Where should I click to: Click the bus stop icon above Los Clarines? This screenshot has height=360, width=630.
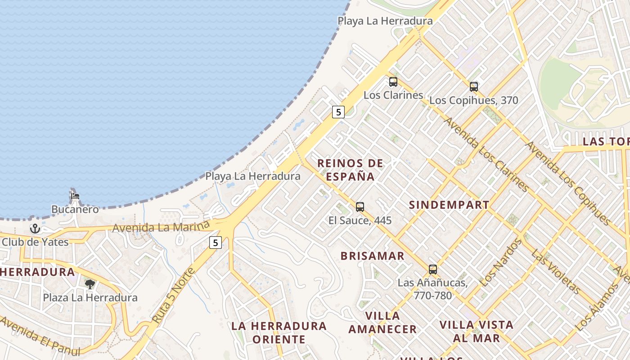[x=393, y=82]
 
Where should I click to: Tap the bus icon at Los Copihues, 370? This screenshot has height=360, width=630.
[x=473, y=87]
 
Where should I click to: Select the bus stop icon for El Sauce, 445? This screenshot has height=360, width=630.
[x=360, y=207]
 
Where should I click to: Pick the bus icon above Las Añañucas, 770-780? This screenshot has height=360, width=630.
[x=433, y=270]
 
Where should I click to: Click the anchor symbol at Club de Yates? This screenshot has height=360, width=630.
[x=35, y=229]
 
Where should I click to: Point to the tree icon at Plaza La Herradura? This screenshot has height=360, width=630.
[x=90, y=284]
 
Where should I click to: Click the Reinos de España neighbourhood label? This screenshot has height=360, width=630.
[x=351, y=170]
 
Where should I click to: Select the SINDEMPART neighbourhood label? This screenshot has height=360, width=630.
[x=449, y=205]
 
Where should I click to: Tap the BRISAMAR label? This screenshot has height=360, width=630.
[x=373, y=256]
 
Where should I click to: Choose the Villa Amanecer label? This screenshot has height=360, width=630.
[x=383, y=323]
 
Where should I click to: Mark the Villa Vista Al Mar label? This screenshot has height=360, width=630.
[x=477, y=331]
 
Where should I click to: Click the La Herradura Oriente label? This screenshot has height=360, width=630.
[x=279, y=332]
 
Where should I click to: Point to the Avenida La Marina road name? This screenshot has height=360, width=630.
[x=161, y=226]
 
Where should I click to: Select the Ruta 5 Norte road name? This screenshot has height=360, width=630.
[x=173, y=295]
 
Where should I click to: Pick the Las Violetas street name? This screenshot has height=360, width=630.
[x=556, y=271]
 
